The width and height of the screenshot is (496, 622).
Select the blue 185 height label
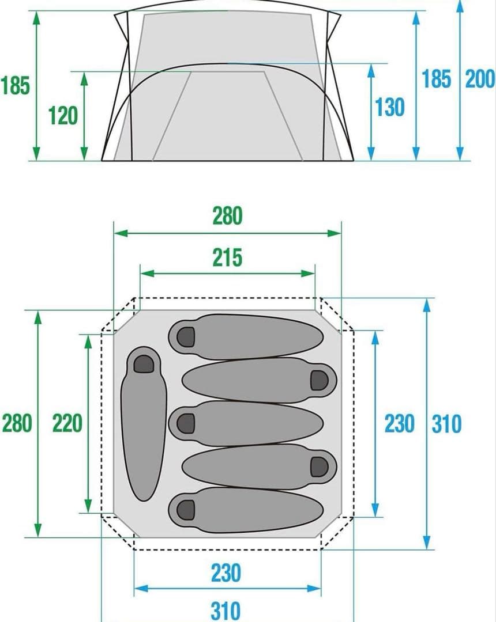click(436, 79)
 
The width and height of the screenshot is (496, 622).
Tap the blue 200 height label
click(480, 79)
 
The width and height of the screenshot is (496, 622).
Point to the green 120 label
click(63, 116)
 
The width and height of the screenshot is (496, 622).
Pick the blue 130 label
click(390, 107)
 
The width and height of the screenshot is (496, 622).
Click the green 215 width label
click(227, 258)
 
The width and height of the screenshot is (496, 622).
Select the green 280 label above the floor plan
click(227, 217)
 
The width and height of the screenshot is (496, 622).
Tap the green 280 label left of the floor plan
click(17, 423)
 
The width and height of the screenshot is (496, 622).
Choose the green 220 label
click(67, 423)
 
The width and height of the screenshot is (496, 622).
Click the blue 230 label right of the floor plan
click(400, 424)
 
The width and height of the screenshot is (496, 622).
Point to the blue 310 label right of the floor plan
click(446, 424)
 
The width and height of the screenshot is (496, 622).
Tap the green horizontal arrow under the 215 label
click(227, 273)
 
